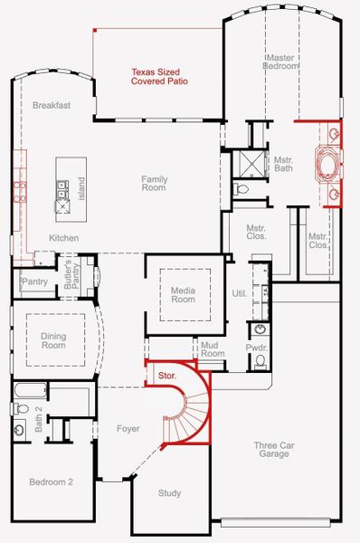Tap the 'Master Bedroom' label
[281, 62]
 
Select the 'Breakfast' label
[52, 105]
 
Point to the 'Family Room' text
[154, 184]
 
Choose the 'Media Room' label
[184, 294]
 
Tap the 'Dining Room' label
[53, 340]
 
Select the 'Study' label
[169, 493]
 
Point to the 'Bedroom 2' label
[52, 481]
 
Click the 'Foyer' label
[128, 428]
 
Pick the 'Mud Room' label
[213, 348]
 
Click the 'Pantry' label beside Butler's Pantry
[33, 281]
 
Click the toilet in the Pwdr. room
[261, 361]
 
